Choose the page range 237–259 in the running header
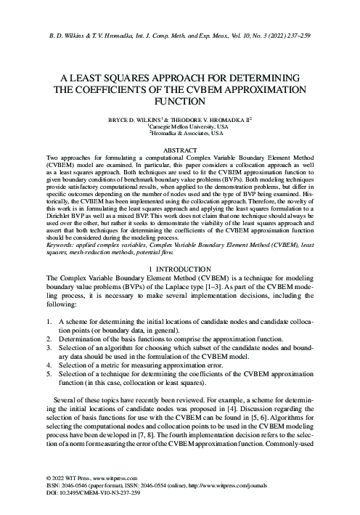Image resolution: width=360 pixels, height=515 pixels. pyautogui.click(x=295, y=34)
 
